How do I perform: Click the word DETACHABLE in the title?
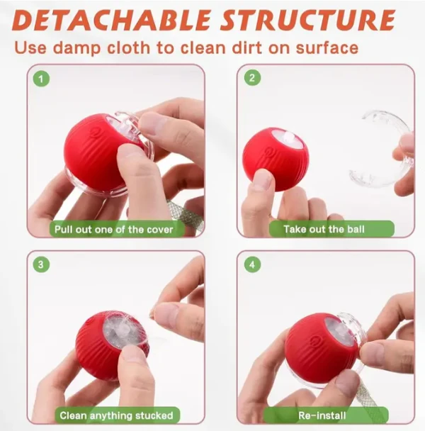114,20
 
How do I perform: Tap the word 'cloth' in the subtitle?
177,49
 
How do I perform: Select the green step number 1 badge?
42,79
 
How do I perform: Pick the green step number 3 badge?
42,265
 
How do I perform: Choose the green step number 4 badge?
252,265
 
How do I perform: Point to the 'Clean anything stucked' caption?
115,415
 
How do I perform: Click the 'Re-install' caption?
325,415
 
